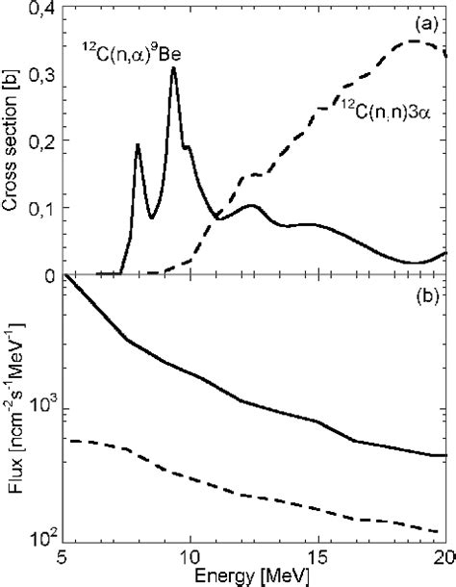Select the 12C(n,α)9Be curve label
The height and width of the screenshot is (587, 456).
pyautogui.click(x=130, y=56)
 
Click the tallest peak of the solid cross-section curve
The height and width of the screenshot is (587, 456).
pyautogui.click(x=173, y=67)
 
